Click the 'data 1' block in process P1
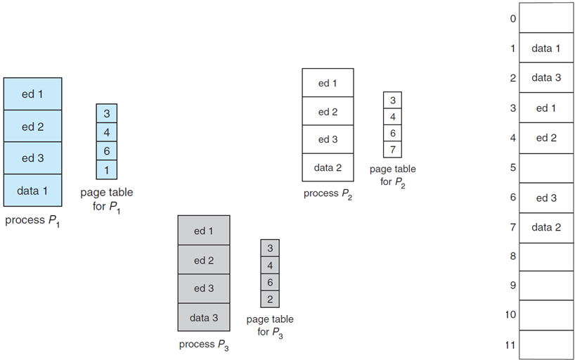point(32,190)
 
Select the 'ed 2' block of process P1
point(32,127)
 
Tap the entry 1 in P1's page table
point(107,169)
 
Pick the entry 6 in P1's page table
point(107,150)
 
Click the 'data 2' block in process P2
point(328,167)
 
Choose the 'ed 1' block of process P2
point(328,83)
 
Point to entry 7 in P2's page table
point(392,149)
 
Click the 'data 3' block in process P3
point(204,317)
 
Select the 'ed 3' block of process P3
point(204,288)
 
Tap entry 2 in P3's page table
point(270,299)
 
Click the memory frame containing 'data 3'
point(545,78)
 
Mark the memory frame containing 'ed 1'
point(545,108)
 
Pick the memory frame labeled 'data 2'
point(545,227)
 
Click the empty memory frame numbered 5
point(545,167)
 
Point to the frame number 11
point(510,345)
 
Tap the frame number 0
point(512,18)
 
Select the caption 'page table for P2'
point(392,175)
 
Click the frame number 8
point(512,257)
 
